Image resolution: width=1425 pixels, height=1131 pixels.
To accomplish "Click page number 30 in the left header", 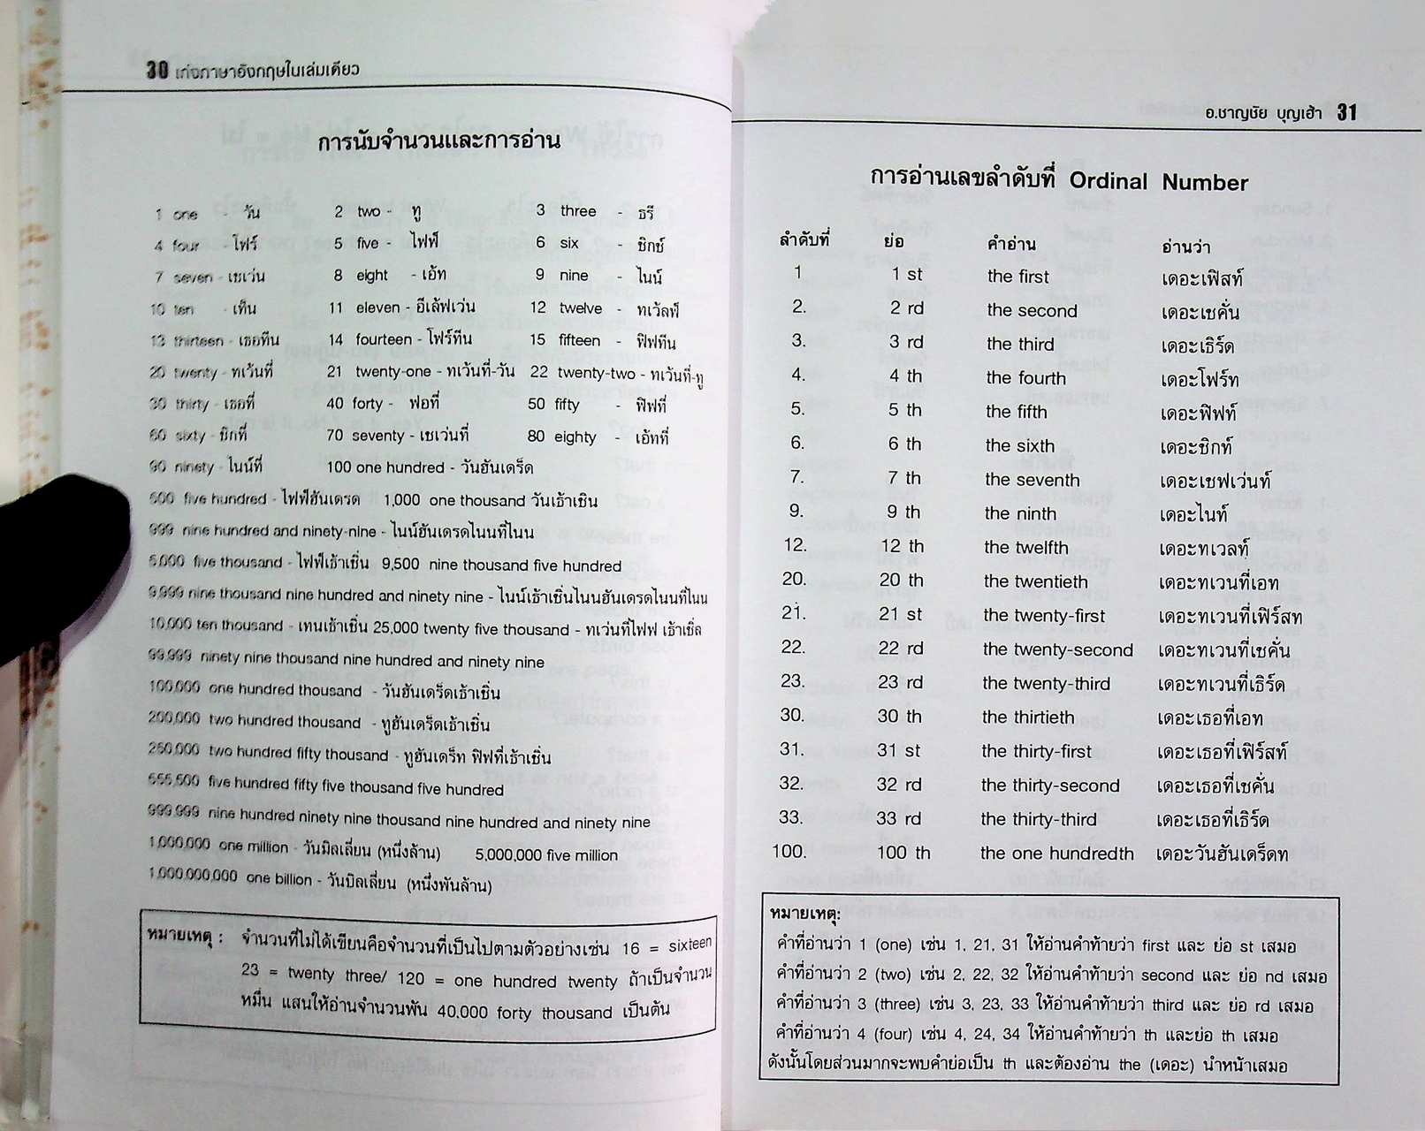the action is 156,70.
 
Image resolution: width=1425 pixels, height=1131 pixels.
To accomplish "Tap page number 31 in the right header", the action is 1346,112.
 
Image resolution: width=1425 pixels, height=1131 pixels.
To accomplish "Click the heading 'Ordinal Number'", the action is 1158,182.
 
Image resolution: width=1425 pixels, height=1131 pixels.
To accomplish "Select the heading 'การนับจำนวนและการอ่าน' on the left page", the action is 438,141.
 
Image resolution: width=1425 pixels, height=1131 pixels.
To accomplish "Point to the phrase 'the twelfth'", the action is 1025,548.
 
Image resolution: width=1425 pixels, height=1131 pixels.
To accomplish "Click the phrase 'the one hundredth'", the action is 1056,854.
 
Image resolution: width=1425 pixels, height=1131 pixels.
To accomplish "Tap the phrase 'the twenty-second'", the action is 1057,650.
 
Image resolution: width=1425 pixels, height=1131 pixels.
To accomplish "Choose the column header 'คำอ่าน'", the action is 1011,244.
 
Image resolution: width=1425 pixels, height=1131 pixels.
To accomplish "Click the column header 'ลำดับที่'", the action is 804,239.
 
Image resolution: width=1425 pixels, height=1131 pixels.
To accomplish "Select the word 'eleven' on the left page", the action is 377,307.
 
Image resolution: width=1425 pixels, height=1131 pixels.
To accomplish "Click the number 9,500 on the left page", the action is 401,565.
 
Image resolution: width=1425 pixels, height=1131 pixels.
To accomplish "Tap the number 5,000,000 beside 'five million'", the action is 507,854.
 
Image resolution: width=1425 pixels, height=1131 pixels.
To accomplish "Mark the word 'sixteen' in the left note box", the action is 690,945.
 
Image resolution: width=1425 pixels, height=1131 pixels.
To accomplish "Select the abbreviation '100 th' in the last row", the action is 903,853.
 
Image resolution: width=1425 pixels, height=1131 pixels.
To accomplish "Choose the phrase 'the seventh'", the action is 1032,480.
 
